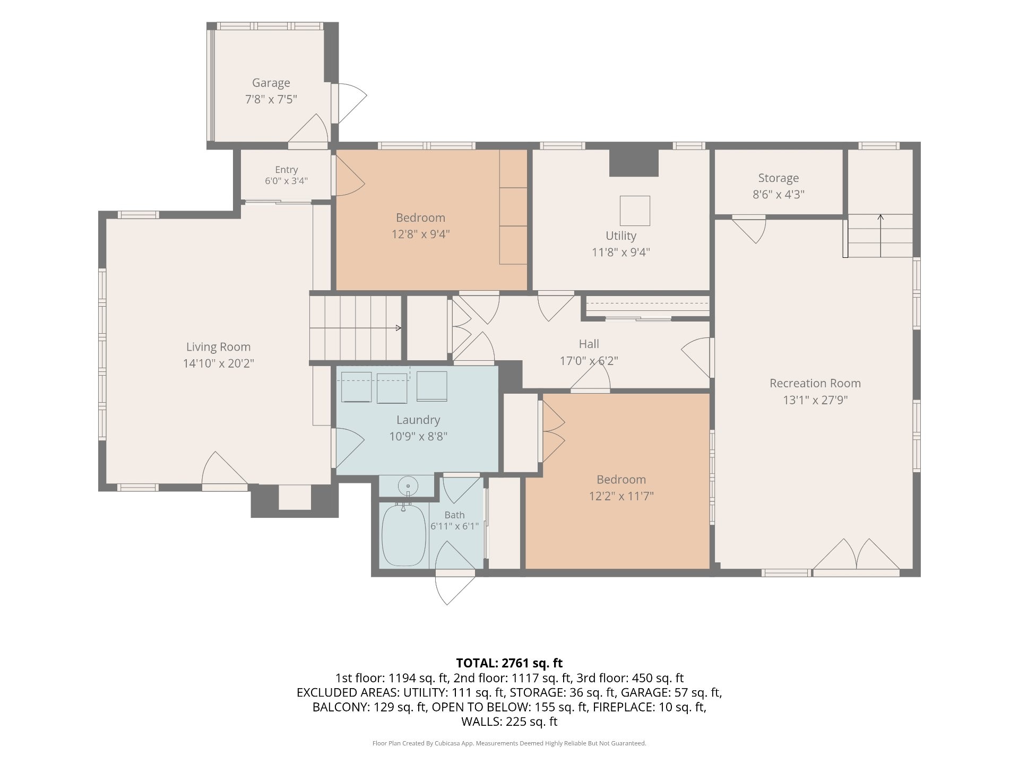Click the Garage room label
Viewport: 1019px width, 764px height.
271,83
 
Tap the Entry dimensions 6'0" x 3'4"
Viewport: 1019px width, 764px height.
286,181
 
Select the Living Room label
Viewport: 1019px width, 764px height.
218,347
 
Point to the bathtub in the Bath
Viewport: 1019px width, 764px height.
404,535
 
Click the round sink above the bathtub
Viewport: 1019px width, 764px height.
408,486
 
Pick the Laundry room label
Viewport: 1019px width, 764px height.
418,420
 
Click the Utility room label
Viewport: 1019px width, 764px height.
621,236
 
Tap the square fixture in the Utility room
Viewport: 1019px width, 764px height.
635,211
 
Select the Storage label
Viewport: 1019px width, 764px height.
778,178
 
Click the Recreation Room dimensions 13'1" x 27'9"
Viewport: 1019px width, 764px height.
815,400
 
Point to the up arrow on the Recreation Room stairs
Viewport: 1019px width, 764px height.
880,236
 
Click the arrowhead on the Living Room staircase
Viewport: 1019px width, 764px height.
399,328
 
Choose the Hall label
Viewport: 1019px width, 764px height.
589,344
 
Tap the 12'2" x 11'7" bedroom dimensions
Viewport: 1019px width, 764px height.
621,496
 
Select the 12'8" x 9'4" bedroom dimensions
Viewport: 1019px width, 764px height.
420,234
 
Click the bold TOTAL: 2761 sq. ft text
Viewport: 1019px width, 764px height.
509,663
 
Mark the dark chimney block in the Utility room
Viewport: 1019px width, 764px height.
634,163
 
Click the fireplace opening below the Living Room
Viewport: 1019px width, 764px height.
295,498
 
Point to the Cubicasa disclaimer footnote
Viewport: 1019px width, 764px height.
509,743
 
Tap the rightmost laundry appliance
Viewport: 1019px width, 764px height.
431,386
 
